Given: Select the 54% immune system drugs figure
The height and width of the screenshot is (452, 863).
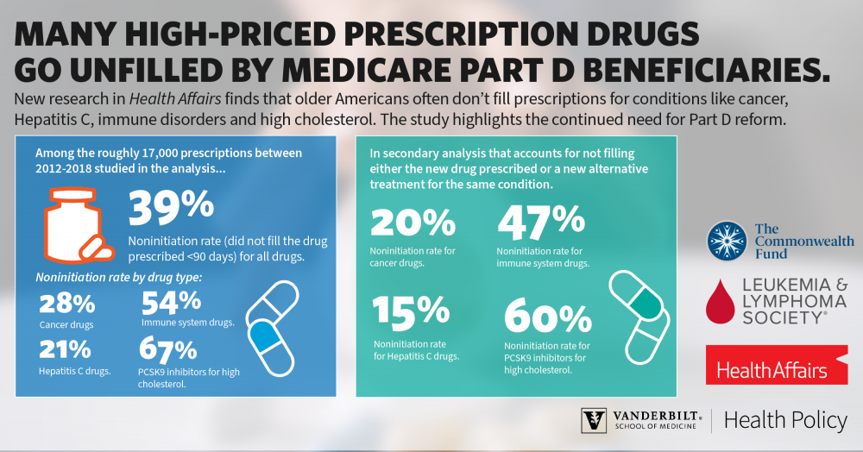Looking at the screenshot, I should click(171, 302).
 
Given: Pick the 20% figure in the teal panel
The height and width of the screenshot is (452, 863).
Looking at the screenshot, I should click(413, 223).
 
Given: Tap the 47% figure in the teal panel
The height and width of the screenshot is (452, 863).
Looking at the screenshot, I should click(541, 223).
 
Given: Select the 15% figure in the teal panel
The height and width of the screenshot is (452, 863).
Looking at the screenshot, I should click(411, 314).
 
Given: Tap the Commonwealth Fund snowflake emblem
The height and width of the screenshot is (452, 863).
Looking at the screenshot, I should click(725, 241).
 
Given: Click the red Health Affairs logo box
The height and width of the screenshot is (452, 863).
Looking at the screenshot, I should click(776, 365).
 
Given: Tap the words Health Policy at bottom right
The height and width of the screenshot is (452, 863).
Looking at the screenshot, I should click(785, 420).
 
